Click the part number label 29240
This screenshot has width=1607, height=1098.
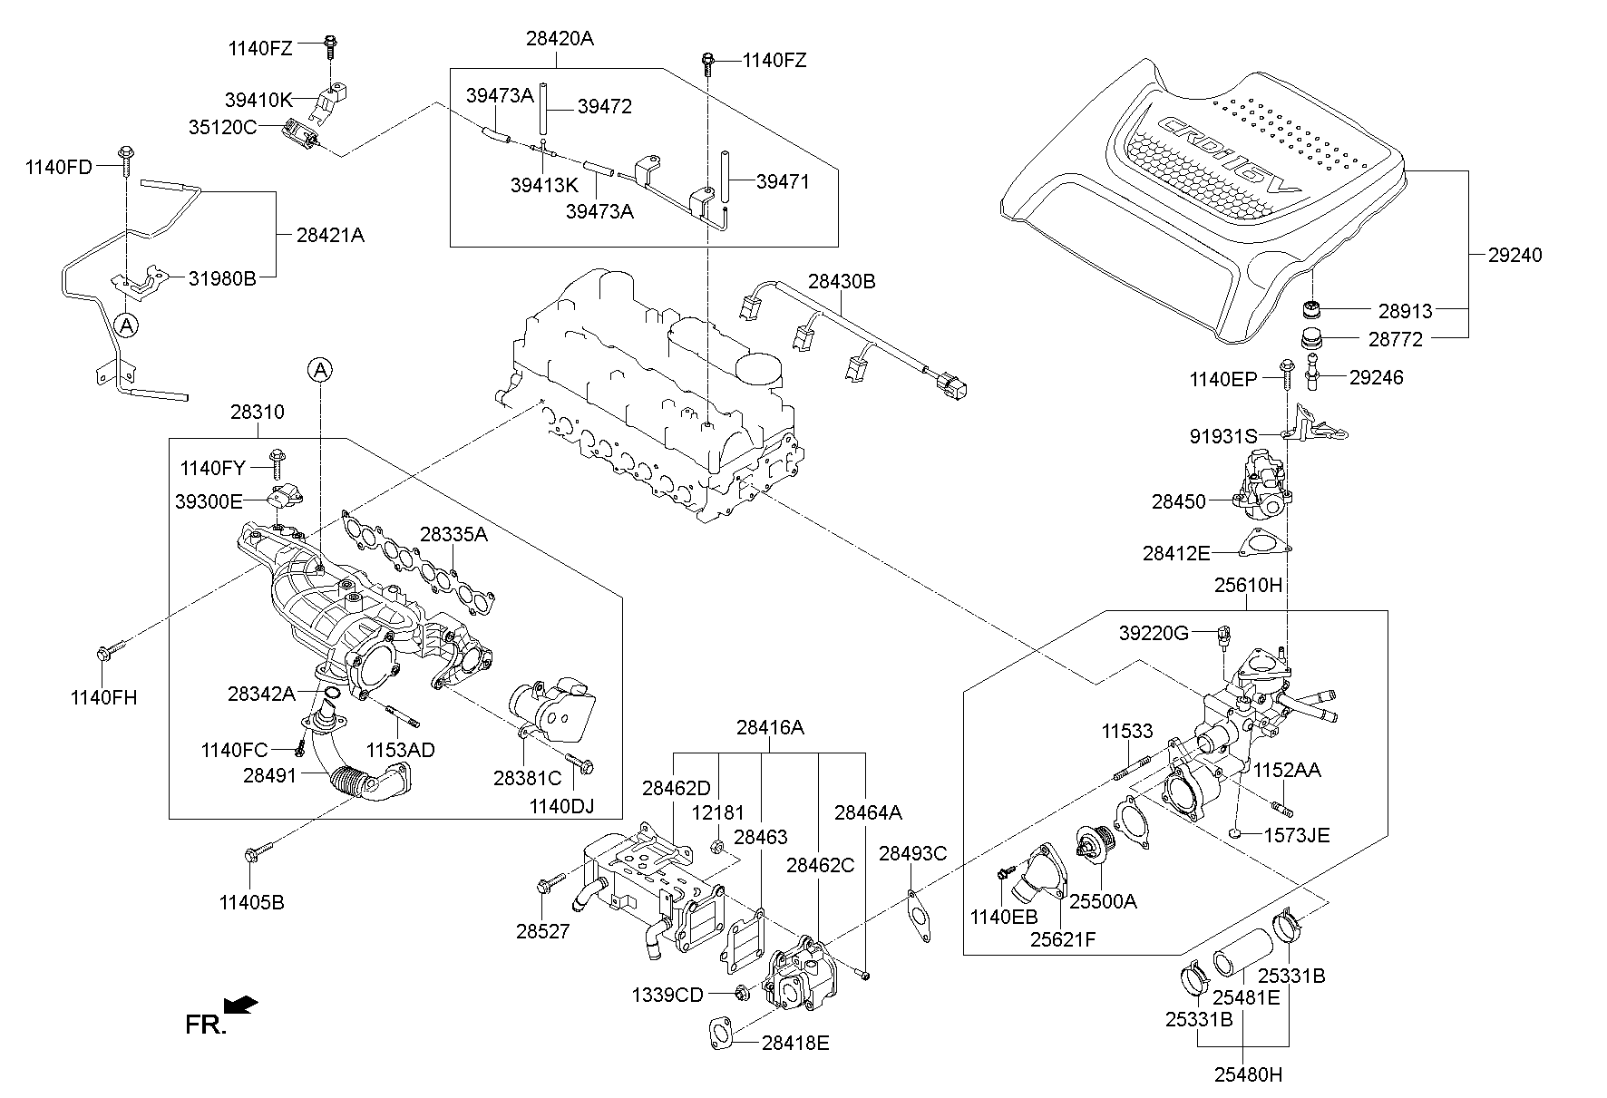pos(1514,256)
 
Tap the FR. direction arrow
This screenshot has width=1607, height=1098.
pos(241,1004)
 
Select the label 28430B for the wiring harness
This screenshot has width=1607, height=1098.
pos(841,282)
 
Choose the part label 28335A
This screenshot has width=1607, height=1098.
pos(453,535)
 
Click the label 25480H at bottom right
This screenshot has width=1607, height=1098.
pos(1249,1075)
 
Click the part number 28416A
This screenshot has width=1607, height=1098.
pos(769,726)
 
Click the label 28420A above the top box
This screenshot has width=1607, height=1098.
pos(560,39)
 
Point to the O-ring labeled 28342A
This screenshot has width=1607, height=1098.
pos(332,695)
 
